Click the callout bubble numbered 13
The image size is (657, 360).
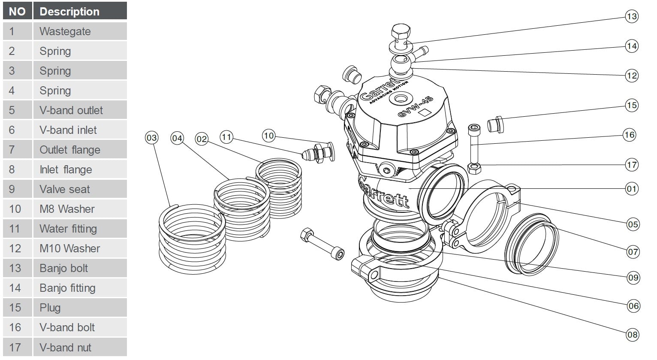click(x=631, y=17)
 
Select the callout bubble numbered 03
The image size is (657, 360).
click(x=151, y=138)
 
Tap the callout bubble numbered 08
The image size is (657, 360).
click(x=633, y=335)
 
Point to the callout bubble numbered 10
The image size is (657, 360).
click(x=268, y=136)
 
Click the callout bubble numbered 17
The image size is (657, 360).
click(x=632, y=164)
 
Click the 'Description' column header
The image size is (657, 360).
click(x=80, y=12)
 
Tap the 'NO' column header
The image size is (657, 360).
click(x=17, y=12)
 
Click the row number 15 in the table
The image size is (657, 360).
click(x=15, y=308)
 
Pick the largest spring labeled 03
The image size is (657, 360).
click(x=192, y=238)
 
